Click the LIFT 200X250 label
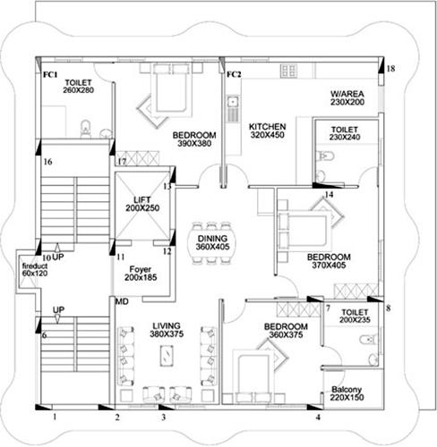140,203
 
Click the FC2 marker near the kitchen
234,74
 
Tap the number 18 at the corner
390,68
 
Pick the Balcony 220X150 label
347,396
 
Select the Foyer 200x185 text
140,274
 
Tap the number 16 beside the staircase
48,162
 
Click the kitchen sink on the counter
231,112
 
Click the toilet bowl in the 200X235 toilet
365,341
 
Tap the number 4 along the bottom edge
318,417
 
